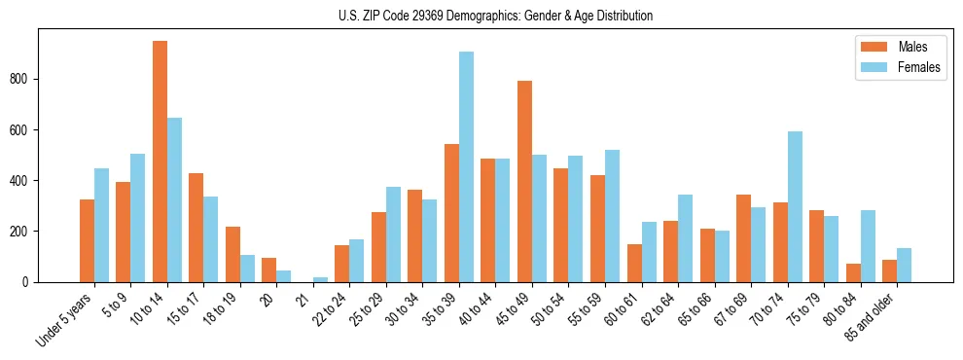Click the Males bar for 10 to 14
pos(160,162)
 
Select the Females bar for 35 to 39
pos(466,166)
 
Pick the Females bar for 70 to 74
pos(795,206)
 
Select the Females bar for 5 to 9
pos(138,218)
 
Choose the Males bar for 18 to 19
pos(232,254)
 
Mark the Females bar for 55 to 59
pos(612,216)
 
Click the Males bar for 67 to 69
pos(743,238)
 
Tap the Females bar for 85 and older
pos(904,265)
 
